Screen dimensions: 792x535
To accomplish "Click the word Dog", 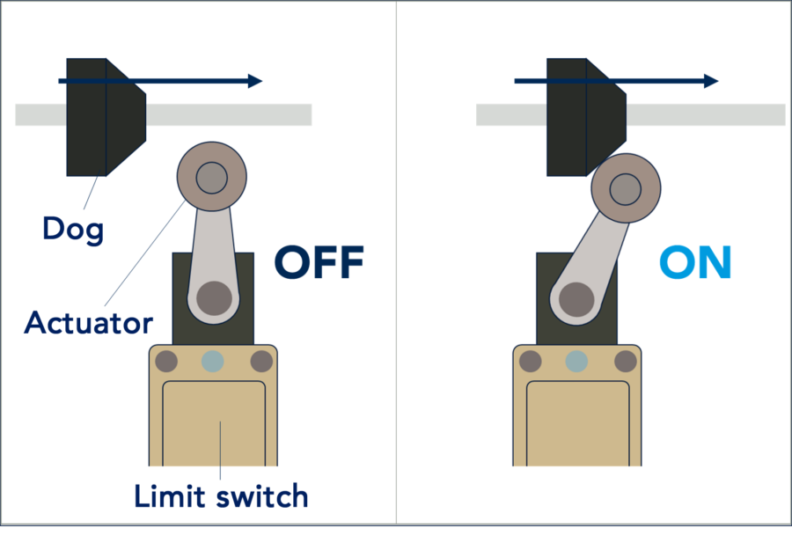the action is (x=73, y=230).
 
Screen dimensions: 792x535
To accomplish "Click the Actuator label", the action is (x=88, y=322).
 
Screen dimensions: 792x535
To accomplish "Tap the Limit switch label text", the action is (x=221, y=495).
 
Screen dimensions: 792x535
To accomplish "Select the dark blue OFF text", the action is (x=319, y=261).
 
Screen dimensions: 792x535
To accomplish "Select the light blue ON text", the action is (x=695, y=261).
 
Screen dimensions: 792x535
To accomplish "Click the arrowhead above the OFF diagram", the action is (x=255, y=81).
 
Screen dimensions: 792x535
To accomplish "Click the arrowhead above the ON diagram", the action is (x=711, y=81).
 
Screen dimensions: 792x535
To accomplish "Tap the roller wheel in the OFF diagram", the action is (x=211, y=176).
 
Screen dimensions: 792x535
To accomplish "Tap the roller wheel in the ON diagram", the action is (x=626, y=188).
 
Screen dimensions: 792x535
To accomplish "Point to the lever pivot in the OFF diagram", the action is (x=214, y=298).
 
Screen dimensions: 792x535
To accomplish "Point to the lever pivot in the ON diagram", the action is (x=576, y=299).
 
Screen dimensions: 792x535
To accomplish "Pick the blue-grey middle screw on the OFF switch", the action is (x=213, y=362).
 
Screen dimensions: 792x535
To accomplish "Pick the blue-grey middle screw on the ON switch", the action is (x=576, y=362).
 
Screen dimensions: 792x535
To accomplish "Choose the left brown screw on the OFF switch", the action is (x=166, y=362).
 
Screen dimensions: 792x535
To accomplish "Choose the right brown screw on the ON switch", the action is (x=626, y=362).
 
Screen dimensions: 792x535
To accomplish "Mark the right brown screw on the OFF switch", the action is (x=261, y=362).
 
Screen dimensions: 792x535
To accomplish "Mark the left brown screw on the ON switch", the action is (x=531, y=362).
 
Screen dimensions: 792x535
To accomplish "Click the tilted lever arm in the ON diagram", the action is (x=596, y=258).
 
